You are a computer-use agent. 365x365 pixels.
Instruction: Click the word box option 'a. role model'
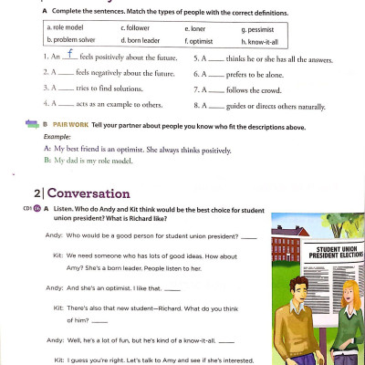coord(67,28)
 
